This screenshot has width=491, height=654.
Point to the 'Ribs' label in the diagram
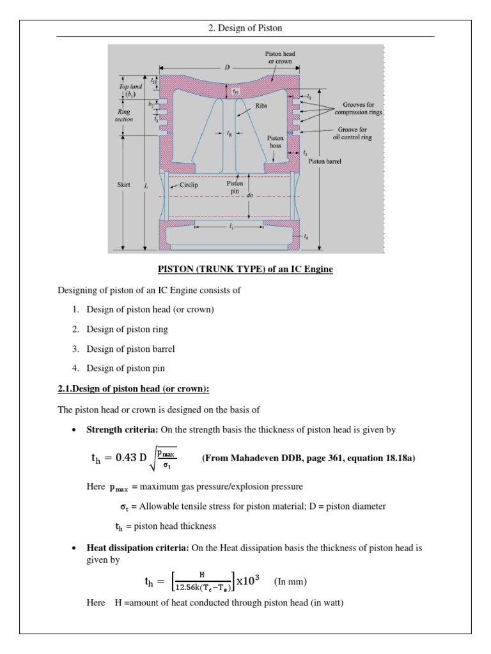tap(261, 107)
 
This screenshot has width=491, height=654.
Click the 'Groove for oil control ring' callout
tap(350, 133)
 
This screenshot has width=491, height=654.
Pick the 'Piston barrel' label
tap(325, 162)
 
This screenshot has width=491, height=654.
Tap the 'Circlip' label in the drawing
tap(189, 185)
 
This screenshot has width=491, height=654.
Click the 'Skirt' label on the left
tap(124, 185)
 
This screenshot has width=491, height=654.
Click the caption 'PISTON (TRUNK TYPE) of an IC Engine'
tap(245, 270)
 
